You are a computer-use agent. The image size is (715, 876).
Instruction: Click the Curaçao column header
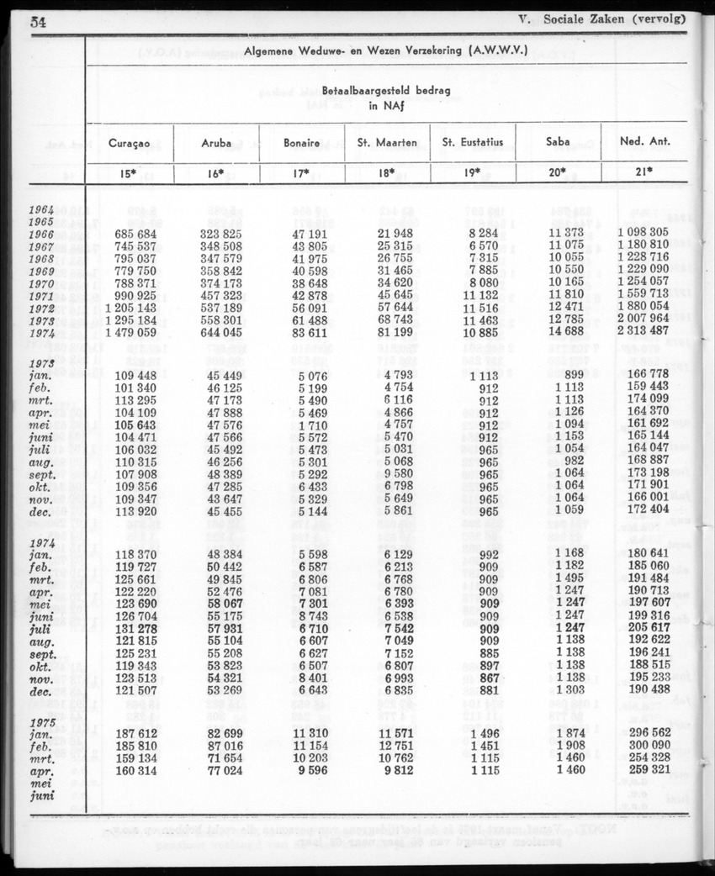pos(130,142)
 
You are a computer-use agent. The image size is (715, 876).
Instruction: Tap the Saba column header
pos(558,142)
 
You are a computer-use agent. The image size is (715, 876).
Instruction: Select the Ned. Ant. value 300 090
pos(649,748)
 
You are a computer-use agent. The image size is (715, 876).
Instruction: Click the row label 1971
pos(41,298)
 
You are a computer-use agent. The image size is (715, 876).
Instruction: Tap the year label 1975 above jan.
pos(41,722)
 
